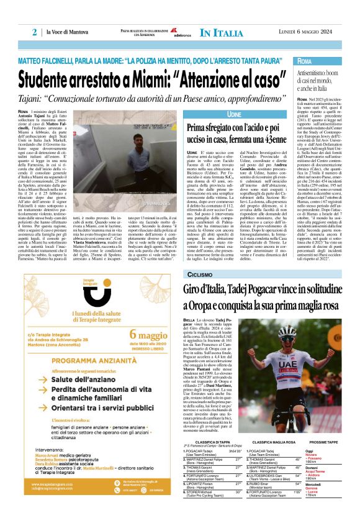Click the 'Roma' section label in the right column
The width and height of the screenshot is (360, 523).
pos(305,61)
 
